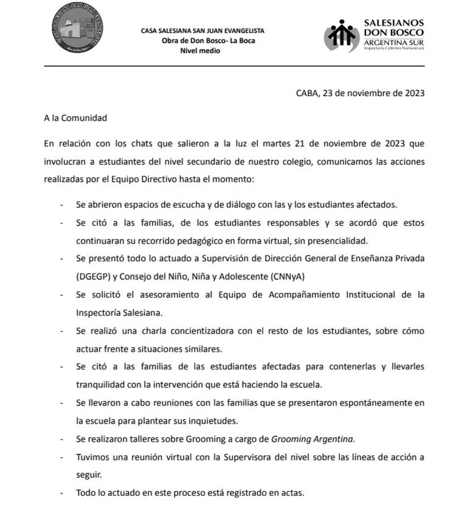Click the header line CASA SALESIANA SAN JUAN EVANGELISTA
point(202,31)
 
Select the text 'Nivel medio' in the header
point(201,50)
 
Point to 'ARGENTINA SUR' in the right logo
point(394,41)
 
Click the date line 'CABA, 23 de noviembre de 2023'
point(359,93)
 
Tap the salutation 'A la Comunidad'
point(75,118)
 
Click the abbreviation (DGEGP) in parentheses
point(95,277)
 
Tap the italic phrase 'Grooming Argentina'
point(312,438)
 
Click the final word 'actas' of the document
point(291,492)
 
